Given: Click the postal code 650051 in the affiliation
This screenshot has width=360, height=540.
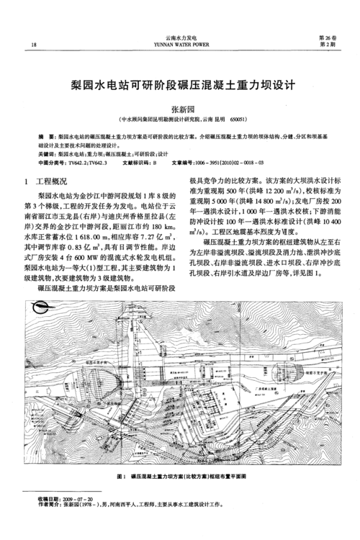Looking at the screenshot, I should [238, 119].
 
